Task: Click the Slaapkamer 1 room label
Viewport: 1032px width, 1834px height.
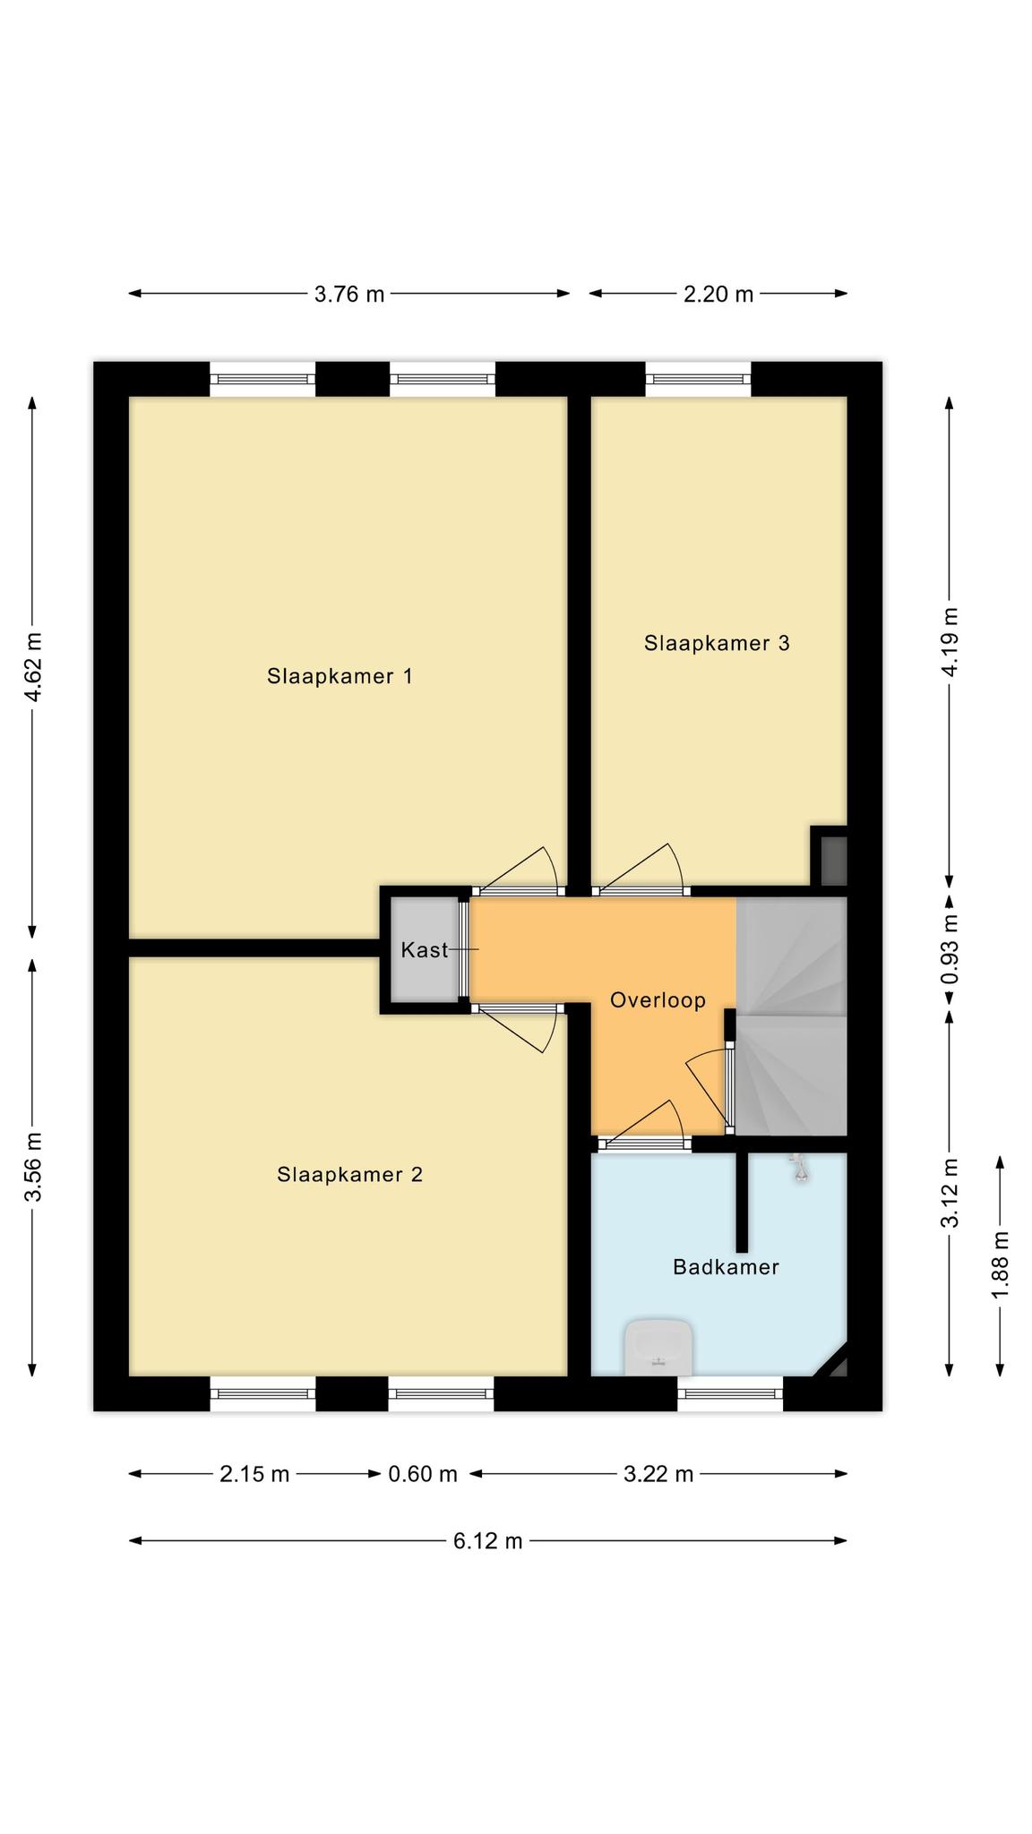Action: [x=340, y=676]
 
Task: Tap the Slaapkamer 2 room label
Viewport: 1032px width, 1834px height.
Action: [x=349, y=1174]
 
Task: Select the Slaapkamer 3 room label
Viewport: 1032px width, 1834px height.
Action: [x=717, y=643]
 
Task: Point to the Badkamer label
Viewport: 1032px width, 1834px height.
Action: [x=726, y=1267]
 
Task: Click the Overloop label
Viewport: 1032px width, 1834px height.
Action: [x=658, y=1000]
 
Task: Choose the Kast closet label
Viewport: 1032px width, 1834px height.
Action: [x=424, y=950]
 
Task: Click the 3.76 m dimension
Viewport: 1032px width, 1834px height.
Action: [x=348, y=294]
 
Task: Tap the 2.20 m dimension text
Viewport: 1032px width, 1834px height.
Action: [x=718, y=294]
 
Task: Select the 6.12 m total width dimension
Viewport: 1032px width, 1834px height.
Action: [x=487, y=1541]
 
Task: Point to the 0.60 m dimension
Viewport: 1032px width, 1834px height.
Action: [x=423, y=1474]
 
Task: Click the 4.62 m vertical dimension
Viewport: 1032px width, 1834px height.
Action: [x=33, y=667]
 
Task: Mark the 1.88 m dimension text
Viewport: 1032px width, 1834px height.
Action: [x=1001, y=1264]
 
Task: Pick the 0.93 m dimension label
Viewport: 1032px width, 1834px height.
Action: [x=950, y=948]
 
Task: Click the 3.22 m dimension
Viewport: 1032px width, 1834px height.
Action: [x=658, y=1474]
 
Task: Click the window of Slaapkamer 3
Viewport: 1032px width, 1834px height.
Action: [x=699, y=379]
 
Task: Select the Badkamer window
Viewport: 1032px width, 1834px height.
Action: [x=730, y=1393]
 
